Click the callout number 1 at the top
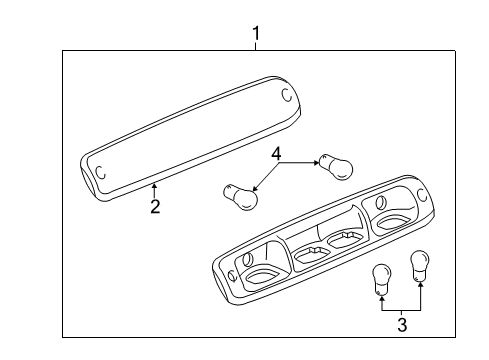[256, 35]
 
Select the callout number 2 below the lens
[155, 207]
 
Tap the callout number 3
[402, 324]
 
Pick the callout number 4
[277, 154]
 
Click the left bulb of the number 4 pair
[237, 193]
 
